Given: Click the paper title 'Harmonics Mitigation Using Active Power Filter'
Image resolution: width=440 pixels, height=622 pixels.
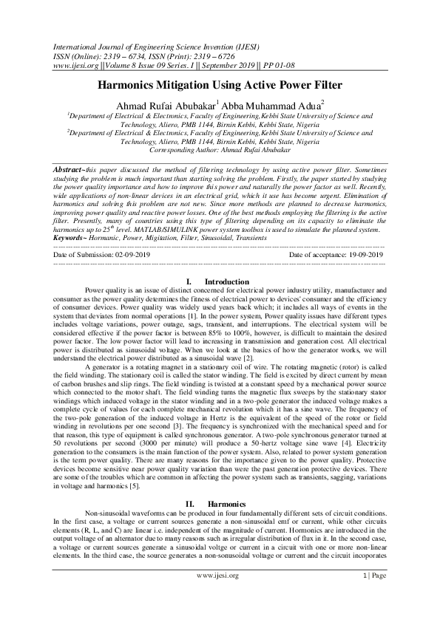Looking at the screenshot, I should (220, 85).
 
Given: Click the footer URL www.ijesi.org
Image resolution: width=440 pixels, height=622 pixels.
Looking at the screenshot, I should (219, 595).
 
